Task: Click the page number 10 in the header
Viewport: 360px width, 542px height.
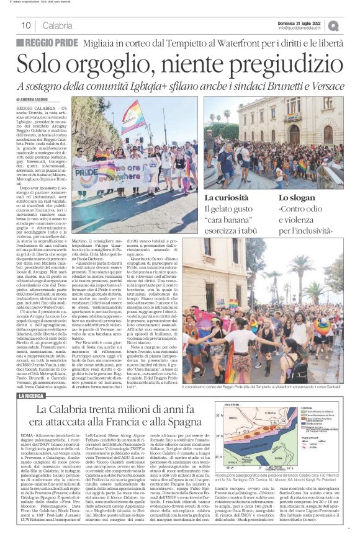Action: [26, 25]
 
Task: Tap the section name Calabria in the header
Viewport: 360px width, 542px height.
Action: [57, 25]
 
